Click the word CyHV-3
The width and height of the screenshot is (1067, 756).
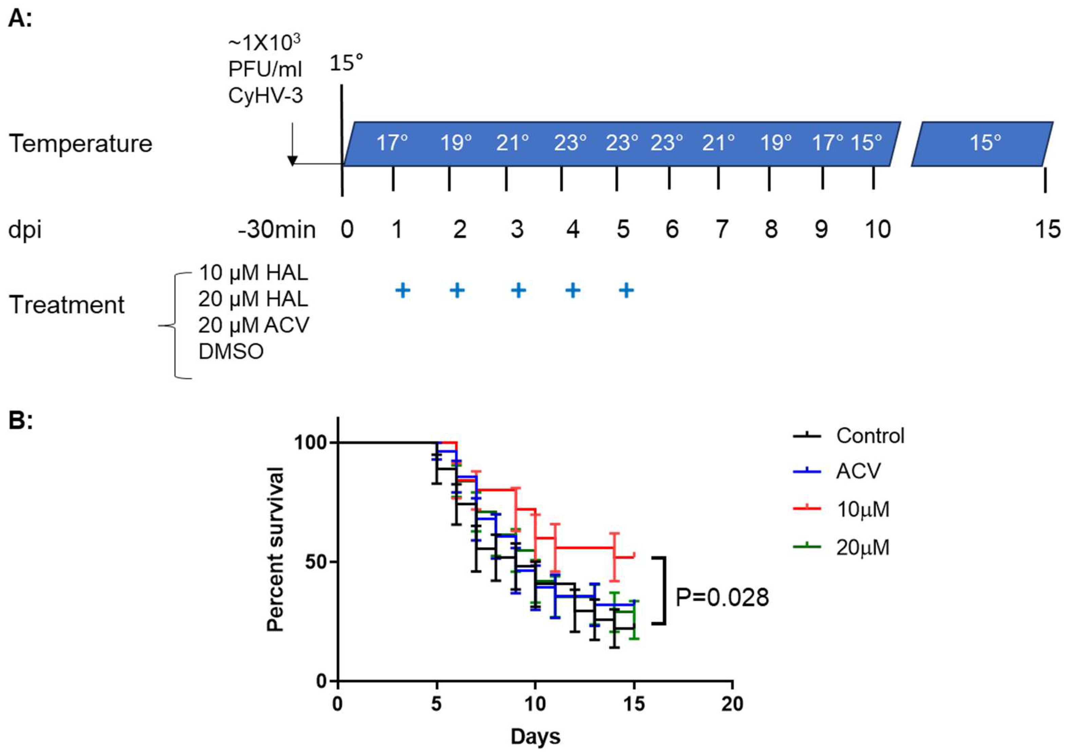point(265,96)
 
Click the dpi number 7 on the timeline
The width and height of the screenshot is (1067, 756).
point(721,229)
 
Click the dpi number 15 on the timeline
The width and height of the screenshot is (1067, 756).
point(1047,229)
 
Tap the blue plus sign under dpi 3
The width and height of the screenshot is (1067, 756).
point(518,291)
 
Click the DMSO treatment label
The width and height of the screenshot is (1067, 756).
point(231,351)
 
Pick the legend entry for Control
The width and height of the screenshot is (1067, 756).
point(869,436)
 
